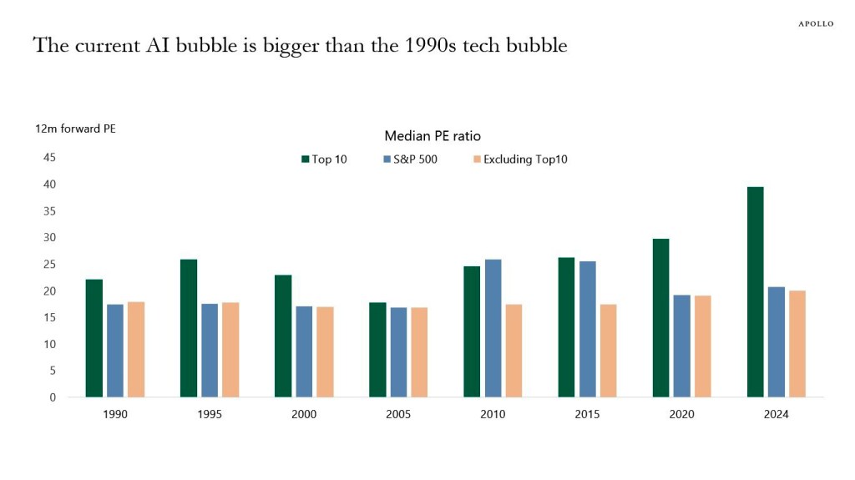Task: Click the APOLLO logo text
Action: click(x=815, y=23)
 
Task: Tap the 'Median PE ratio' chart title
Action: click(x=432, y=136)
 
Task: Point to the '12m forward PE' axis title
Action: click(x=68, y=129)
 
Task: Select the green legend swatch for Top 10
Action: click(x=305, y=159)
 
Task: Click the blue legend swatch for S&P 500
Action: click(x=387, y=159)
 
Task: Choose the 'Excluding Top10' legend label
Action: click(x=525, y=159)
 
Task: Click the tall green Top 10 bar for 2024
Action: click(x=756, y=292)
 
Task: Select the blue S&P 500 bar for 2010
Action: click(x=493, y=328)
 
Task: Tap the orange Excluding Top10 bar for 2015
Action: click(x=608, y=351)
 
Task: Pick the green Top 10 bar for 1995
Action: click(x=189, y=328)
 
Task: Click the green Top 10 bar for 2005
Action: click(x=377, y=350)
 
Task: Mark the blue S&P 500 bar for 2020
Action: click(x=681, y=346)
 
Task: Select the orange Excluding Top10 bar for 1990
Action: click(x=135, y=349)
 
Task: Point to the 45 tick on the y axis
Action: click(x=49, y=157)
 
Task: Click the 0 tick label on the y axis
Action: click(x=52, y=397)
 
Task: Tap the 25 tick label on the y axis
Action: click(x=49, y=264)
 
